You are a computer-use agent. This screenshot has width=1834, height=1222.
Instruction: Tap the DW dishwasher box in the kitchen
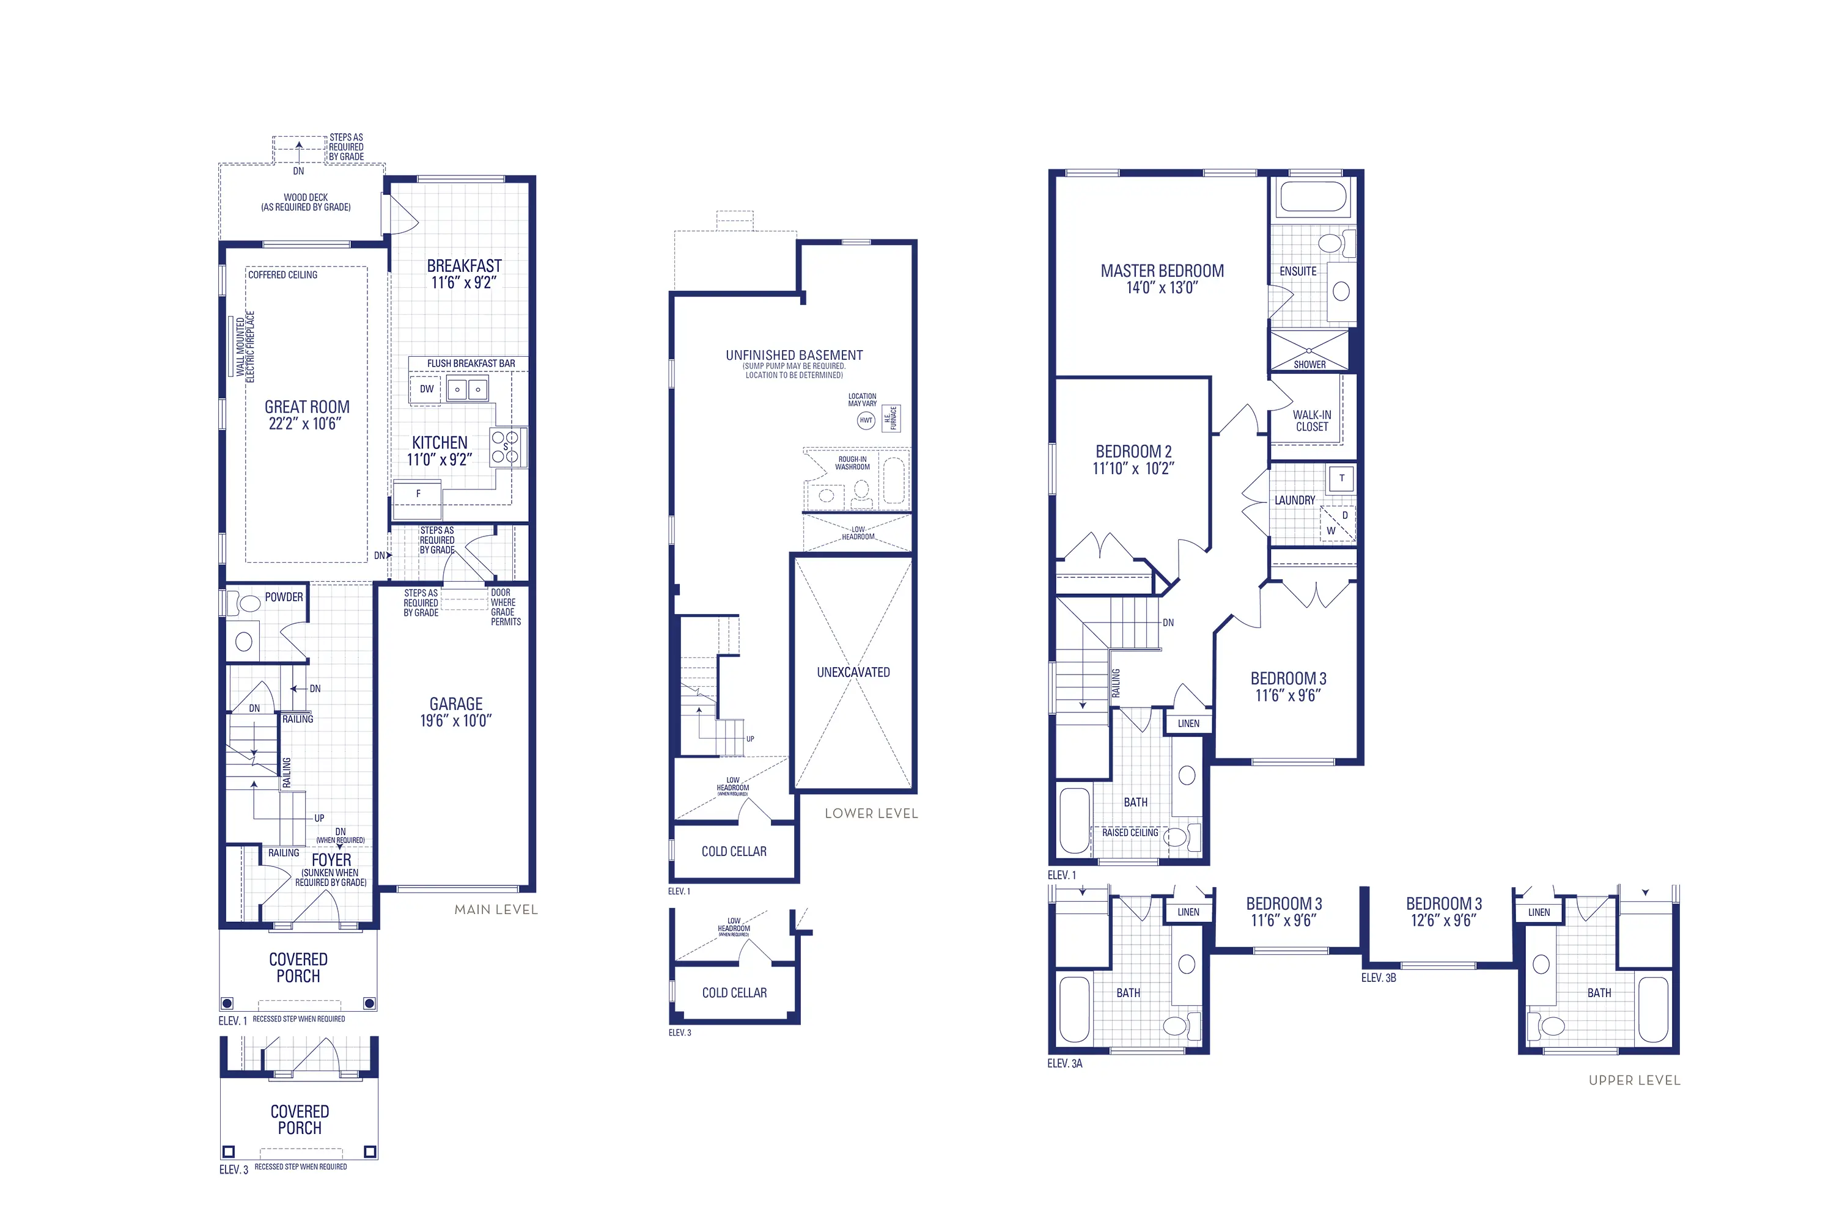(x=427, y=389)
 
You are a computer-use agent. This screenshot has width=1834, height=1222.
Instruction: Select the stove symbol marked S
(x=506, y=447)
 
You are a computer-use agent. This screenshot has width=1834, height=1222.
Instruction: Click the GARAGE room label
(x=455, y=704)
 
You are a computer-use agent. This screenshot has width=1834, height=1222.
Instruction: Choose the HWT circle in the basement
(x=866, y=421)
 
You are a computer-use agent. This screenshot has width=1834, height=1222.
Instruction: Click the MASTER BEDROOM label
(x=1162, y=271)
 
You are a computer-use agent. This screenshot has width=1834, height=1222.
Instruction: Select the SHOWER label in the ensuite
(x=1309, y=365)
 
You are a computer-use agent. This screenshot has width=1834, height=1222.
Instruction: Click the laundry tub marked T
(x=1341, y=478)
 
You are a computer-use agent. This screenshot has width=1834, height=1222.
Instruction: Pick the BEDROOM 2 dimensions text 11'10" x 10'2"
(x=1133, y=469)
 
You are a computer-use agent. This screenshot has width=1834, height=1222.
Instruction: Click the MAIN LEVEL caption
(x=496, y=910)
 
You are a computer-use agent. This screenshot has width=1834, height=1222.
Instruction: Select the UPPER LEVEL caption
(x=1634, y=1080)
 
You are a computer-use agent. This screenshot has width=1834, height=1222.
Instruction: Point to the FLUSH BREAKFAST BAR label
(x=470, y=363)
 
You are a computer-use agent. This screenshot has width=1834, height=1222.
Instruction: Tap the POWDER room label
(x=284, y=597)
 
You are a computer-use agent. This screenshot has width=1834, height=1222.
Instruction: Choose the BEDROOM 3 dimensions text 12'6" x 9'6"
(x=1443, y=920)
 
